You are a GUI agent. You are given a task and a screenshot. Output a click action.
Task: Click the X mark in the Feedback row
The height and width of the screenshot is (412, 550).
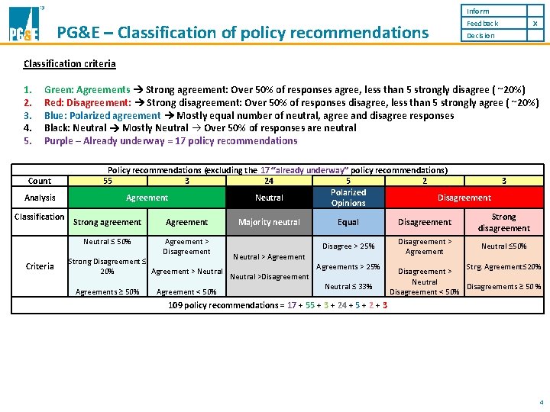(x=535, y=24)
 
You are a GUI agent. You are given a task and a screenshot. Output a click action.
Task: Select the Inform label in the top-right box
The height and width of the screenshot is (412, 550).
(x=478, y=11)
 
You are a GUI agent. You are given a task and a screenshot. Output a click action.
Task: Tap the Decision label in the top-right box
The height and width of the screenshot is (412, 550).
(x=480, y=36)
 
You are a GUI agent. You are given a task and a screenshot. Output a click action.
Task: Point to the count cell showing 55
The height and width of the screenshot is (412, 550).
(x=108, y=181)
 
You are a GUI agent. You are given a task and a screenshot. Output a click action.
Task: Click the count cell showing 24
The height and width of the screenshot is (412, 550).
(x=268, y=181)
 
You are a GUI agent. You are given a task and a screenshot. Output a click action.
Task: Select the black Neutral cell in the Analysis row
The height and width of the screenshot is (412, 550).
(x=269, y=198)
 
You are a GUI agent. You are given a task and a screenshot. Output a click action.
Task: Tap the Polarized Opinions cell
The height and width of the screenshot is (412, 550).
(x=348, y=198)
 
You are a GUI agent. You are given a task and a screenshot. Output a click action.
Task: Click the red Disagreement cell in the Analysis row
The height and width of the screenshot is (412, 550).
(x=464, y=198)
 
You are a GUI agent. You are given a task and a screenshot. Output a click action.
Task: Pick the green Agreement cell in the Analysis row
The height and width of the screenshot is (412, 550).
(x=147, y=198)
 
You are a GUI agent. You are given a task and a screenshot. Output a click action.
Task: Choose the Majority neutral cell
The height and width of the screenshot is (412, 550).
(x=269, y=222)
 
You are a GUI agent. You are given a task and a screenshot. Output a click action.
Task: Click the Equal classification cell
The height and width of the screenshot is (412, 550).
(x=348, y=222)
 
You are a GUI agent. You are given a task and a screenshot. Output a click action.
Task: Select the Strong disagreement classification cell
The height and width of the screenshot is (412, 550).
(x=503, y=222)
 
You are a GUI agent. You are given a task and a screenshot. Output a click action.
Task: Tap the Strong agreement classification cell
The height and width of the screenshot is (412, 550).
(x=107, y=222)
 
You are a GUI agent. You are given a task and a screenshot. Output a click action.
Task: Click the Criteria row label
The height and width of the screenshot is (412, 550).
(x=40, y=266)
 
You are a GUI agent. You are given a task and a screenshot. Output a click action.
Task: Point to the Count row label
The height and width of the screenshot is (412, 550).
(x=40, y=181)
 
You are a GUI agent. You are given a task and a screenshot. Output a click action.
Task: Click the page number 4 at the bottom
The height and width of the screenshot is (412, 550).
(x=540, y=401)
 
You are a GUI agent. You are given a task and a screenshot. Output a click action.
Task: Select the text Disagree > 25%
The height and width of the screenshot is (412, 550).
(x=348, y=246)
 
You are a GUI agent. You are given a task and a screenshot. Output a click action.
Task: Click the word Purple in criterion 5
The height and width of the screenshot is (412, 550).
(x=58, y=140)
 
